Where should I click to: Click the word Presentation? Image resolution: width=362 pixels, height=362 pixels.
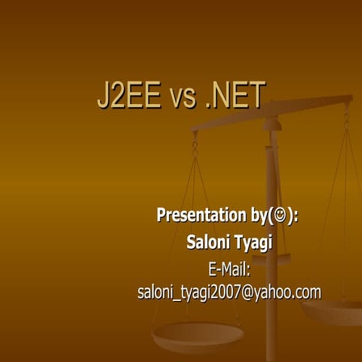click(198, 216)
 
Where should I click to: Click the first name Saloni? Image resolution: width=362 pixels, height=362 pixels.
click(207, 242)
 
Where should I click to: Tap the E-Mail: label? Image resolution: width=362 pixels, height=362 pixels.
click(229, 268)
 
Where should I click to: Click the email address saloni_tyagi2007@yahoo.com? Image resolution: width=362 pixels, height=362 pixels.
click(229, 293)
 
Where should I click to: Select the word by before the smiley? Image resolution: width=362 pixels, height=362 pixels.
click(256, 216)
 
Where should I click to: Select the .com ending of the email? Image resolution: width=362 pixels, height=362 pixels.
click(308, 293)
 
